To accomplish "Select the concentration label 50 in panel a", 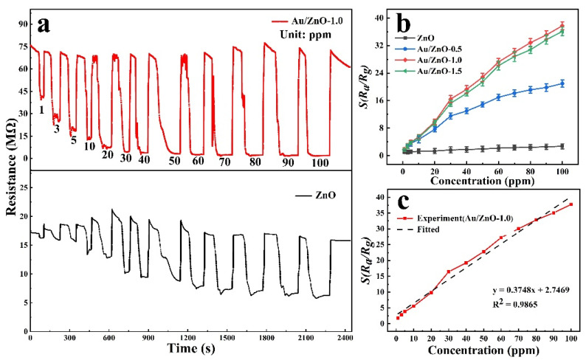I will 174,160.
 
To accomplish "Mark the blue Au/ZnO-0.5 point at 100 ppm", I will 562,83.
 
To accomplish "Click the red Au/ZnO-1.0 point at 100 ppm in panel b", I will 562,25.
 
